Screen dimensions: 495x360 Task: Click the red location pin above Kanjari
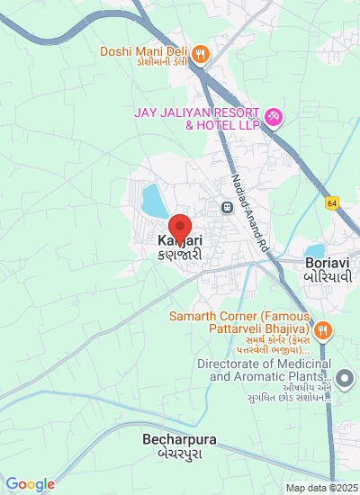pos(180,226)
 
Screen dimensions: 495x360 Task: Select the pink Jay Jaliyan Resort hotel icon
pos(274,117)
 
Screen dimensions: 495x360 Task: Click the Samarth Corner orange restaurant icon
pos(322,329)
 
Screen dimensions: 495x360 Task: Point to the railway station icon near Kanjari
pos(229,206)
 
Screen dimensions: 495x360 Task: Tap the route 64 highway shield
pos(332,203)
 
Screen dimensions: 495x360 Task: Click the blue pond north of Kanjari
pos(154,201)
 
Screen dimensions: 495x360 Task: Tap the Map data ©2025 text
pos(321,488)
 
